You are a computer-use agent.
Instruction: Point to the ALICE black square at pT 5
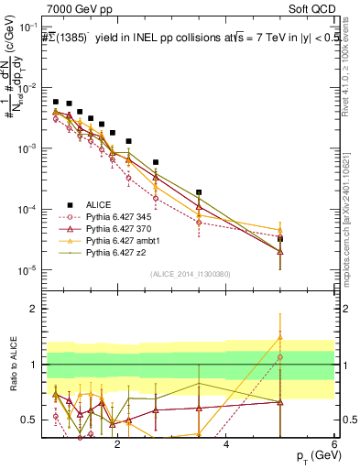click(x=280, y=239)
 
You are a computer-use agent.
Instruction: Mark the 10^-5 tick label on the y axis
click(x=27, y=270)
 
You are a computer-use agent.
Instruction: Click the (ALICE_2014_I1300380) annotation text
click(x=190, y=274)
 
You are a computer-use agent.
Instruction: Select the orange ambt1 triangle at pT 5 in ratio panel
click(x=280, y=337)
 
